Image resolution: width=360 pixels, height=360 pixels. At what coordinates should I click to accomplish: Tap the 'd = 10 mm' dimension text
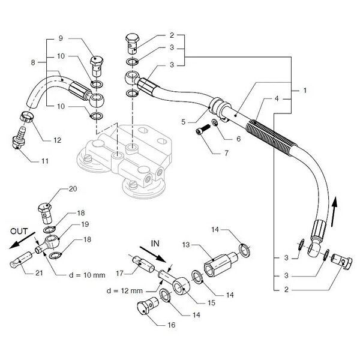(86, 275)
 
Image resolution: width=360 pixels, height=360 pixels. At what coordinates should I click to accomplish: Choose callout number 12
(57, 140)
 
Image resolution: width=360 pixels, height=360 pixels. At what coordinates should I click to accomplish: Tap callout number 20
(73, 188)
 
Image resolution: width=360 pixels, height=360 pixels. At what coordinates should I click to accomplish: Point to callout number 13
(186, 245)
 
